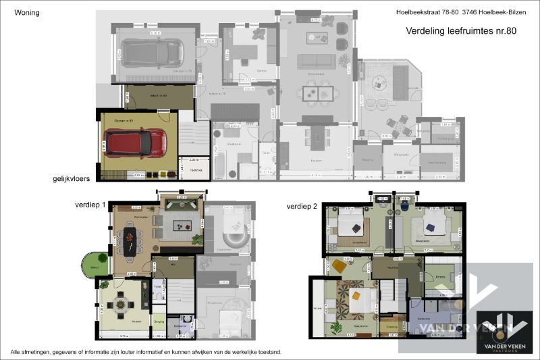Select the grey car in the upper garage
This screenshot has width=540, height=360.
pos(151,53)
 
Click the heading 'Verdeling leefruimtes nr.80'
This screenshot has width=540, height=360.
pos(460,30)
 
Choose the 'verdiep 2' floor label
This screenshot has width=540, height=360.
pos(302,205)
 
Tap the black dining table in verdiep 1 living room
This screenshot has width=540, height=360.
pos(128,238)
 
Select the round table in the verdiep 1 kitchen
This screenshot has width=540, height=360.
pos(121,305)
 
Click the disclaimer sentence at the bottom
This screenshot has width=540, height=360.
pos(145,352)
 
